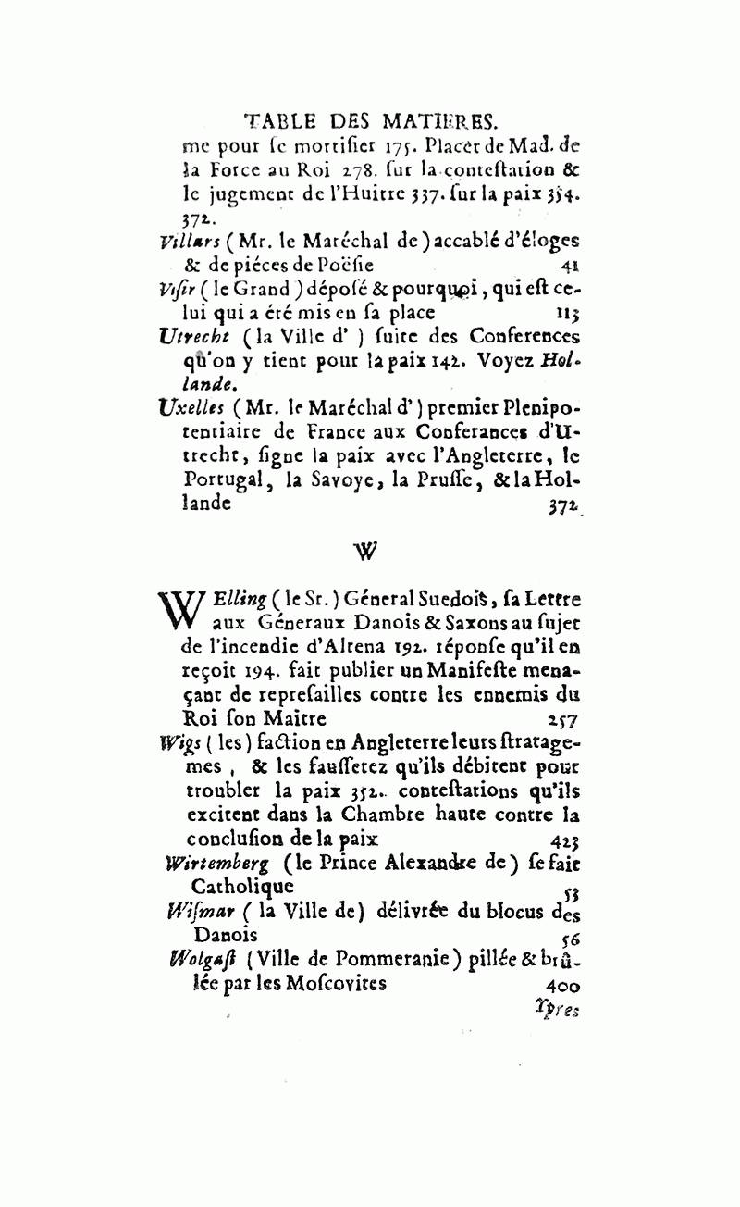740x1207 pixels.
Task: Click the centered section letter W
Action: [366, 552]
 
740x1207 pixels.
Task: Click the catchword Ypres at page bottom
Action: [556, 1008]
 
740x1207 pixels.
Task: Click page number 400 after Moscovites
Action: [562, 985]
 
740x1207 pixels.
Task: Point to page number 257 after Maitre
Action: [562, 717]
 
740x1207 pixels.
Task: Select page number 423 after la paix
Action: [563, 840]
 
